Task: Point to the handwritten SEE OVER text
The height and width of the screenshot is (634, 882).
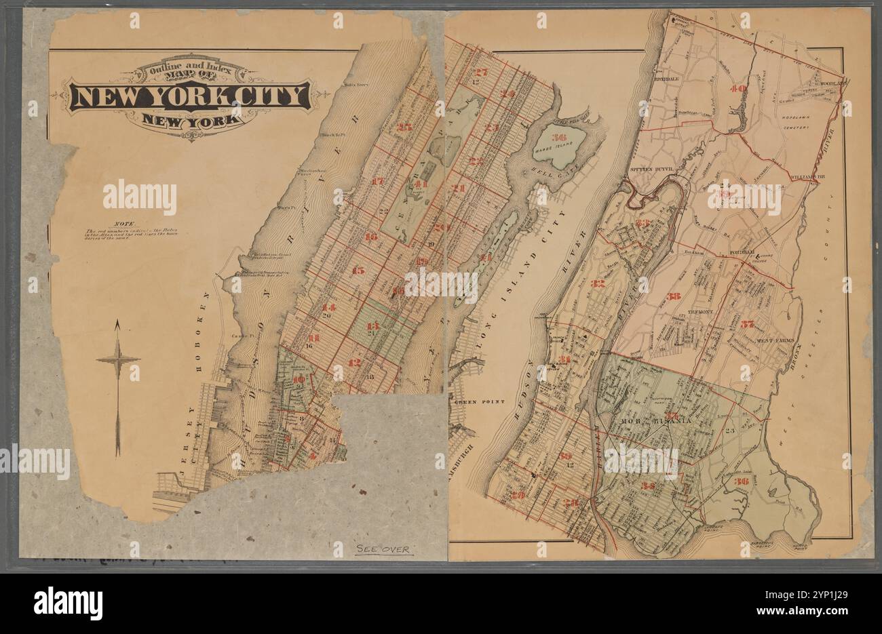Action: click(x=383, y=549)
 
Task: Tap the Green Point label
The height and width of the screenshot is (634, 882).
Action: click(x=480, y=402)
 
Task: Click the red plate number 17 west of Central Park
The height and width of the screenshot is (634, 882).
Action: click(x=378, y=182)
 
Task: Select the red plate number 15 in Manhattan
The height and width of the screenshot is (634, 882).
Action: click(x=358, y=271)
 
